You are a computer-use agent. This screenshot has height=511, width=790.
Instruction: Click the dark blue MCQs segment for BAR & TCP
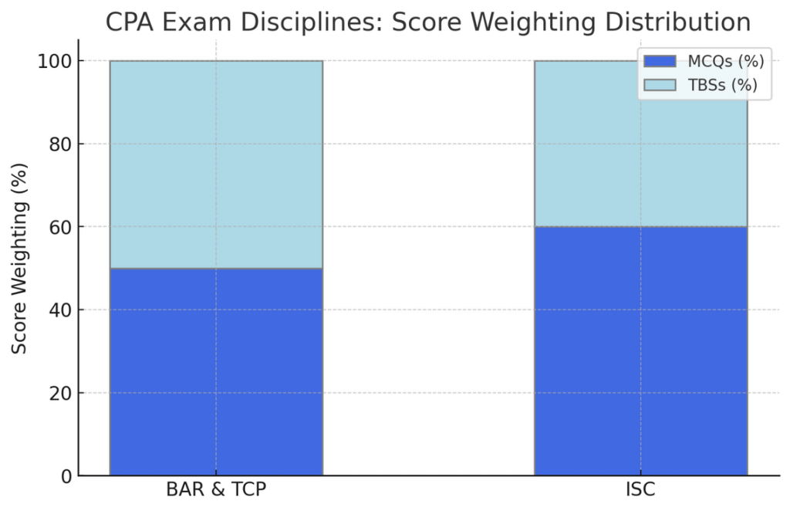216,372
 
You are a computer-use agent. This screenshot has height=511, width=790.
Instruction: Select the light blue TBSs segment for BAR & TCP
216,164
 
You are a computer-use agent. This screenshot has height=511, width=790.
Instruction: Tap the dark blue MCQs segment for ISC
640,351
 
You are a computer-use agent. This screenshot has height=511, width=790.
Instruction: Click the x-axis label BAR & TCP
216,490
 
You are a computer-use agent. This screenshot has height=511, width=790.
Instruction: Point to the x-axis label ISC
640,490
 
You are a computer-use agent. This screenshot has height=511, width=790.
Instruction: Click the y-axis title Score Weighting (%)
20,258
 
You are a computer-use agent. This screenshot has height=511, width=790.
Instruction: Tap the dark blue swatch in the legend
660,62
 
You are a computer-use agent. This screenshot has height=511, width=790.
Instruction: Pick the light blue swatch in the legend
660,85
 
